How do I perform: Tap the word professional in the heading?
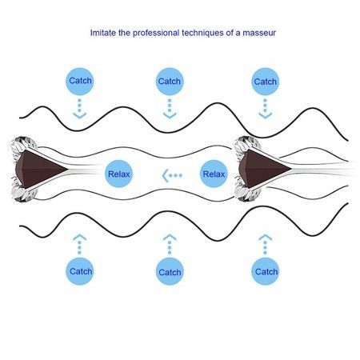point(156,33)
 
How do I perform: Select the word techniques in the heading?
point(202,33)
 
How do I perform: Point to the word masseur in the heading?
point(259,33)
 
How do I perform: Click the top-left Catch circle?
point(80,81)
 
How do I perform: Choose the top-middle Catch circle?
point(170,82)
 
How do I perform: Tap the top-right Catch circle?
point(265,82)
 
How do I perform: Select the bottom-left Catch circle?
point(80,271)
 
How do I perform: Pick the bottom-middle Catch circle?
point(170,271)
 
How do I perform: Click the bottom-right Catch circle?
point(265,271)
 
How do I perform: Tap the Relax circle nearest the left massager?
point(118,174)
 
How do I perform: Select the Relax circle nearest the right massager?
point(214,174)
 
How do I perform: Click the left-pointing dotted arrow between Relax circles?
point(172,175)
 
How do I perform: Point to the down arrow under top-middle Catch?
point(170,109)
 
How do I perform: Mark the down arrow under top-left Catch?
point(79,109)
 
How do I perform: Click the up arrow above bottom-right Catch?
point(265,244)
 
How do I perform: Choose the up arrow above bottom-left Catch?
point(79,244)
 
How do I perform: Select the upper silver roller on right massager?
point(246,144)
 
